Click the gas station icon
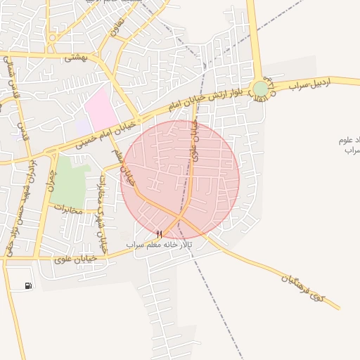tap(28, 285)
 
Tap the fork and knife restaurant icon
tap(160, 234)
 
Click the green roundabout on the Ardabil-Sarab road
tap(261, 89)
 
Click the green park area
tap(69, 181)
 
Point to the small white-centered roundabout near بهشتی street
tap(51, 37)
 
